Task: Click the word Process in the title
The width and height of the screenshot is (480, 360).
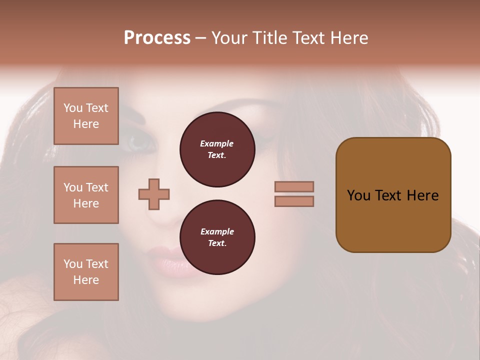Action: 157,38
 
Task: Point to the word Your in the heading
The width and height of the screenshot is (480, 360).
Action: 230,38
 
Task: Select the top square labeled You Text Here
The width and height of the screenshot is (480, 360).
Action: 86,116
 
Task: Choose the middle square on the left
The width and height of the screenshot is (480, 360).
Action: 86,195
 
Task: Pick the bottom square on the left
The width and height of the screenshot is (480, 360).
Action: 86,272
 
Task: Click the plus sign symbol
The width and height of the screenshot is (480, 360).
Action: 154,194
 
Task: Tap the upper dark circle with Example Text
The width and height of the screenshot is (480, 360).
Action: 217,149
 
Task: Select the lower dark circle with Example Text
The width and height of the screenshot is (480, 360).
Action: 217,237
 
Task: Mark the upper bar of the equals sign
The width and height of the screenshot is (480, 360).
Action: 294,186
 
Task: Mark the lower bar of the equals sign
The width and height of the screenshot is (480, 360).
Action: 294,201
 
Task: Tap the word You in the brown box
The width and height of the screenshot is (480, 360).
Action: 358,195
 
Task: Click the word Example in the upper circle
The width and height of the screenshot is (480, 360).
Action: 217,143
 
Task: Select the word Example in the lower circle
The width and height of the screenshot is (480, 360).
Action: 217,231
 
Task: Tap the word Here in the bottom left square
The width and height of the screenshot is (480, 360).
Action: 86,280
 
